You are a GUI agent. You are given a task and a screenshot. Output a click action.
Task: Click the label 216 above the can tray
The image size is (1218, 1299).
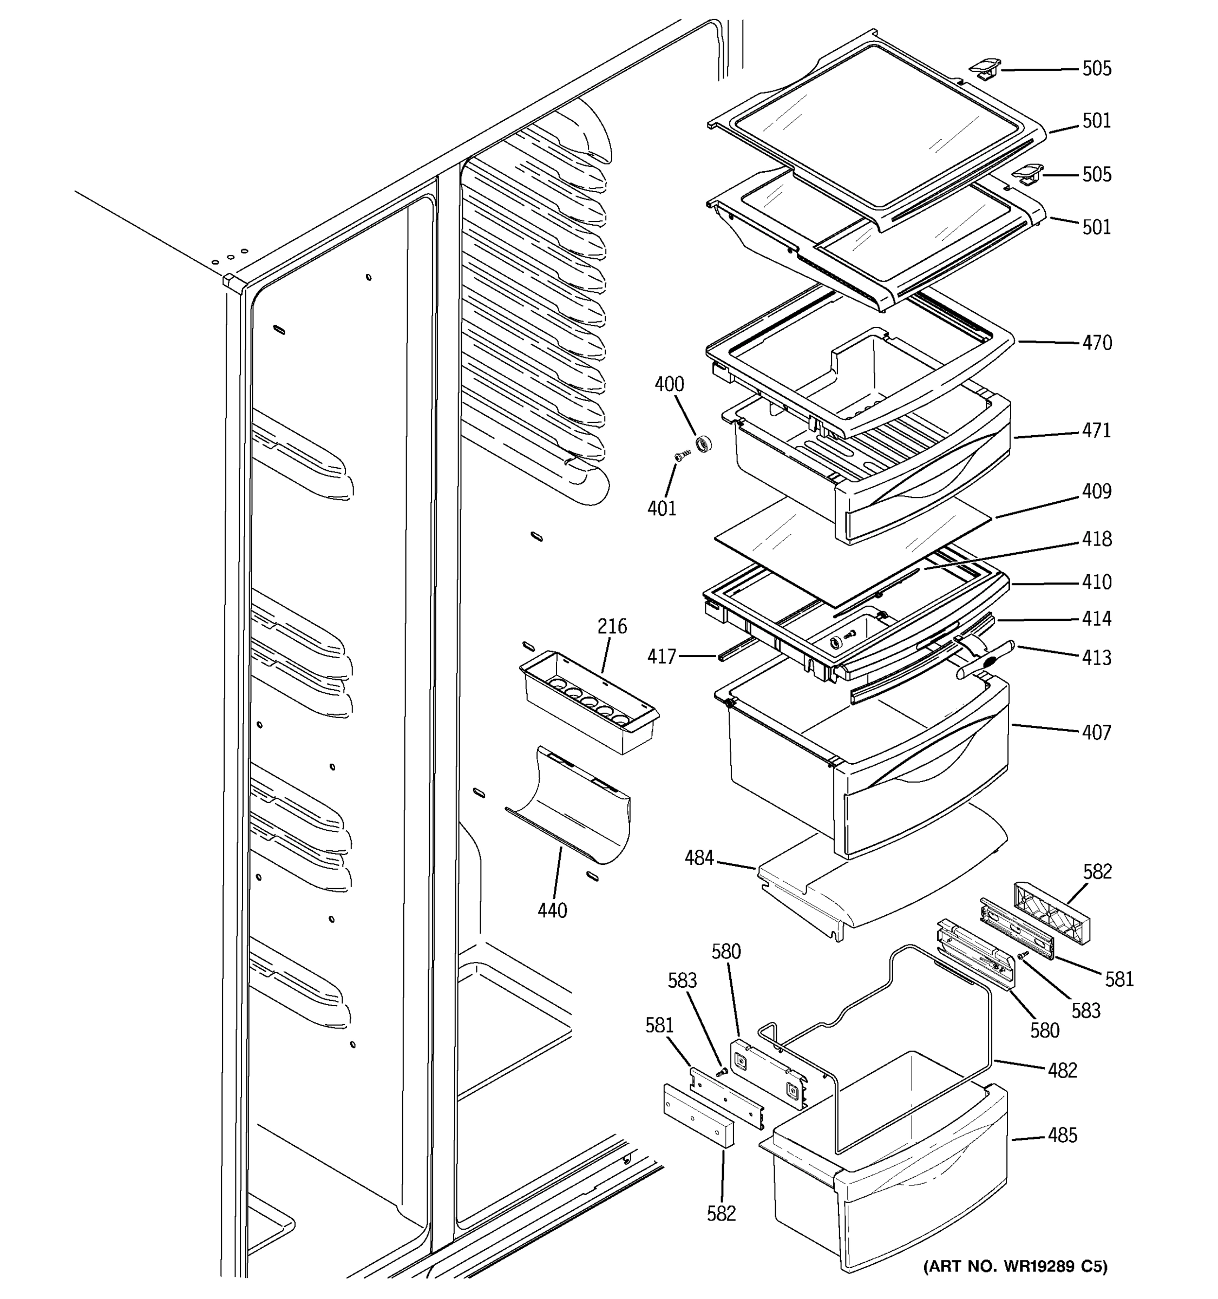612,627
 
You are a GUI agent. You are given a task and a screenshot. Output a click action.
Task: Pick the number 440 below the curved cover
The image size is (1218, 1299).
552,910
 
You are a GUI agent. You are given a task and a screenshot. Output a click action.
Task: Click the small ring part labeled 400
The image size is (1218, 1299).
704,444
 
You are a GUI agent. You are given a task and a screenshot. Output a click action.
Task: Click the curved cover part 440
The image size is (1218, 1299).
575,807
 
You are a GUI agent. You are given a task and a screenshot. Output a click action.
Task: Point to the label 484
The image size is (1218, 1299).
699,858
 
